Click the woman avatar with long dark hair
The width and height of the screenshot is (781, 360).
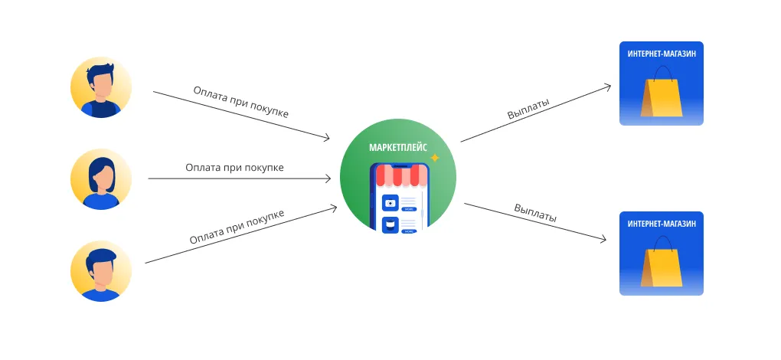[101, 179]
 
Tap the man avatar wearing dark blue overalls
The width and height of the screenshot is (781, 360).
[101, 87]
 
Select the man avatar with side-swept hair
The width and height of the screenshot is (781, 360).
[101, 271]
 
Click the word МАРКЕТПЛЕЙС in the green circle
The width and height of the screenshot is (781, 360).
[398, 146]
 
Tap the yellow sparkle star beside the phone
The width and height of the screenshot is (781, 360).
[434, 158]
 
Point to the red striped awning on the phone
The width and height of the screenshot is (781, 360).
[399, 176]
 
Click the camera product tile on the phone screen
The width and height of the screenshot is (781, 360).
[390, 203]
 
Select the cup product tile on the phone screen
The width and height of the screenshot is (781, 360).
[390, 225]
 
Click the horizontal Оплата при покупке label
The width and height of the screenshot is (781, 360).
[234, 167]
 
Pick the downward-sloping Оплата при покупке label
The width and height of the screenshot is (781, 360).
[240, 102]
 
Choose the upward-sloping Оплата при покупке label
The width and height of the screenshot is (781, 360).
[237, 227]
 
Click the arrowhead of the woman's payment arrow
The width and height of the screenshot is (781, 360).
[328, 178]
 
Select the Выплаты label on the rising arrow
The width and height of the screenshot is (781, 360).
[528, 109]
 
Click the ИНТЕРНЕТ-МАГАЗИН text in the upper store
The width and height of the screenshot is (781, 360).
[662, 54]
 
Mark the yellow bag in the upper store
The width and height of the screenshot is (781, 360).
[662, 95]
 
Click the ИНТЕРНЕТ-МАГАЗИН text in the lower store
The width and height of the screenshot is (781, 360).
[662, 224]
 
